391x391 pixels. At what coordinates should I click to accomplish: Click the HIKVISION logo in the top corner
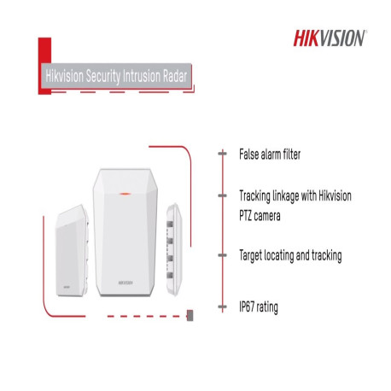[x=330, y=38]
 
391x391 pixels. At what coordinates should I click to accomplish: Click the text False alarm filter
[x=270, y=156]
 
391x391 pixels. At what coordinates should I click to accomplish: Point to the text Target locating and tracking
[x=290, y=254]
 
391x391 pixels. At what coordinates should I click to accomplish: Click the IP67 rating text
[x=259, y=305]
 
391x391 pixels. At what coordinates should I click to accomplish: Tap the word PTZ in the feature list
[x=249, y=216]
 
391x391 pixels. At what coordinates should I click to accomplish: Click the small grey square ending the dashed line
[x=189, y=316]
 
